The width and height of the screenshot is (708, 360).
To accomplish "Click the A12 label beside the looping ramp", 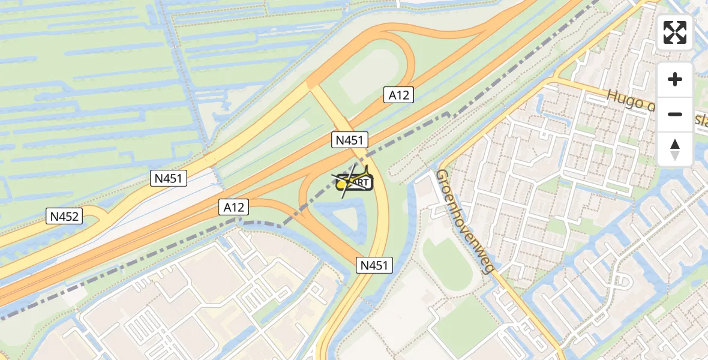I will point(398,94).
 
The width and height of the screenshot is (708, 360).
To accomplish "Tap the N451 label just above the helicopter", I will point(349,140).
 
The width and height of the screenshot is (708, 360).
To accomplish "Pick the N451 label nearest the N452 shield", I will point(170,178).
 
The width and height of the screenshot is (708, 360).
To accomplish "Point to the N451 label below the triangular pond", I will point(375,265).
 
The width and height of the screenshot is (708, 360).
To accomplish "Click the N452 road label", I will point(65,217).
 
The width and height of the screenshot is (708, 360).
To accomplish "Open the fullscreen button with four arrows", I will point(675,32).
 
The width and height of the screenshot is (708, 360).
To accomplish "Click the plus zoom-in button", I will point(675,79).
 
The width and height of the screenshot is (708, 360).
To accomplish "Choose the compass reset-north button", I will point(675,149).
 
